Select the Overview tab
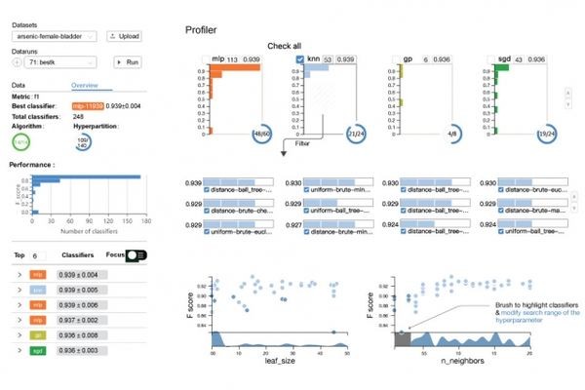tap(86, 85)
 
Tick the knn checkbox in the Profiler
tap(299, 60)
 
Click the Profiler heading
tap(207, 30)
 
